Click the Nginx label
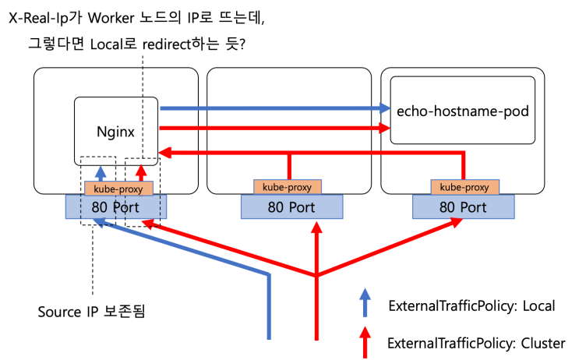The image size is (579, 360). [115, 132]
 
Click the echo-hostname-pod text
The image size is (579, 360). [462, 111]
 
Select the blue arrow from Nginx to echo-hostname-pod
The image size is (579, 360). [273, 108]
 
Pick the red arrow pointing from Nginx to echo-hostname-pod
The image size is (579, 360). [273, 127]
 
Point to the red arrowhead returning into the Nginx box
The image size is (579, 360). [164, 154]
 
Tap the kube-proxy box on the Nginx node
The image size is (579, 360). [118, 189]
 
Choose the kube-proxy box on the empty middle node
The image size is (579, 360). [287, 187]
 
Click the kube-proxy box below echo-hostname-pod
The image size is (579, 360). [464, 187]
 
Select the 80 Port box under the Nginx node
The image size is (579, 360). [116, 207]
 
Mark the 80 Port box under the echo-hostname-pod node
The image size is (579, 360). [463, 207]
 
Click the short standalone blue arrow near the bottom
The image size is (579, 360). [365, 302]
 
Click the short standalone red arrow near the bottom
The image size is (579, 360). [365, 341]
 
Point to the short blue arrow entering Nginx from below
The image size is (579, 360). [101, 174]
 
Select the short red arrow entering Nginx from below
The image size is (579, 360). [141, 174]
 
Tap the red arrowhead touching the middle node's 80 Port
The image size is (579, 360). [316, 227]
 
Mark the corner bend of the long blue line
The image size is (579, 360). [269, 275]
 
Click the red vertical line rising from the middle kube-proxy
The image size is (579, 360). [289, 167]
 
